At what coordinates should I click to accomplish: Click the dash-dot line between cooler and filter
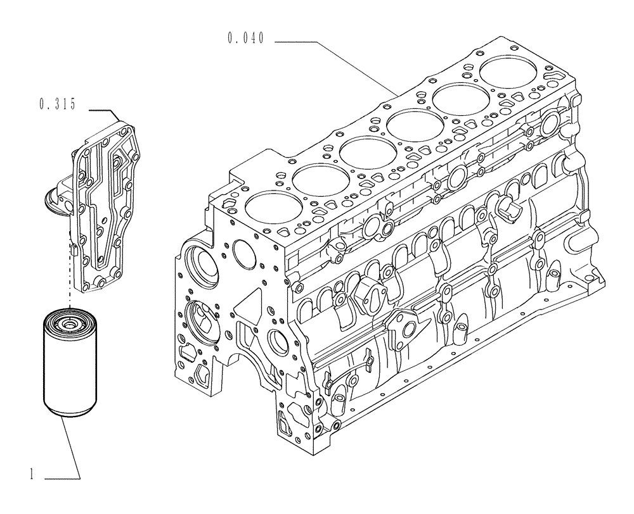coord(67,279)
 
